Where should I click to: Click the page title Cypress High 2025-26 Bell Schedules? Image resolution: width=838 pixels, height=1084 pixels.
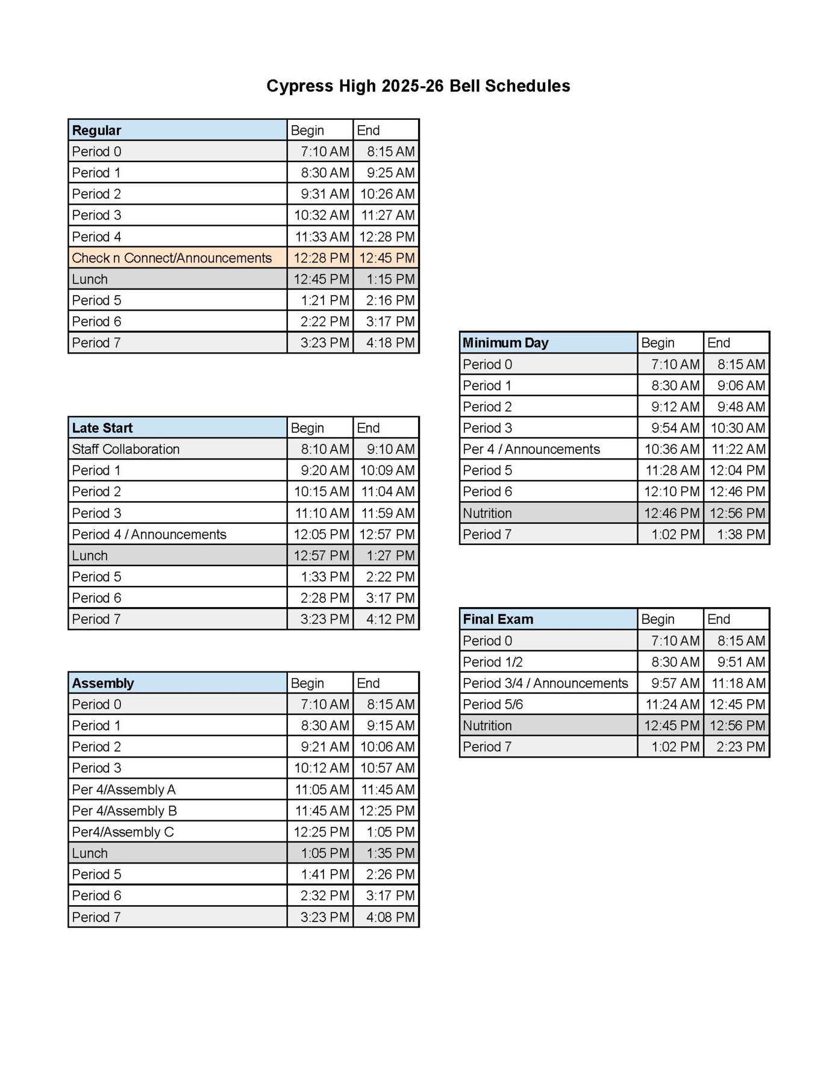[418, 86]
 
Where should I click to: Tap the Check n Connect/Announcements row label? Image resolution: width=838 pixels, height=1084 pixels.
[172, 258]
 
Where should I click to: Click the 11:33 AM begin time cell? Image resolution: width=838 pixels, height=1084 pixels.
[321, 237]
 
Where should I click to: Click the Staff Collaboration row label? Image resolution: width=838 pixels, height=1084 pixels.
[125, 449]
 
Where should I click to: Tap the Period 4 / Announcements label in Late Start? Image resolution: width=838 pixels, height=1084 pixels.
[149, 534]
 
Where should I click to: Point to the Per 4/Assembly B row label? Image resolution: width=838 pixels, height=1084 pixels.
[124, 811]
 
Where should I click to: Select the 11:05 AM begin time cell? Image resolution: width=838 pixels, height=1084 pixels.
[321, 790]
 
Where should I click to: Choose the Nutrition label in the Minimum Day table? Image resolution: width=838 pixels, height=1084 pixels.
[487, 513]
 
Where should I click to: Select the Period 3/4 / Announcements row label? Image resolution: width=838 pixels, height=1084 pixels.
[545, 683]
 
